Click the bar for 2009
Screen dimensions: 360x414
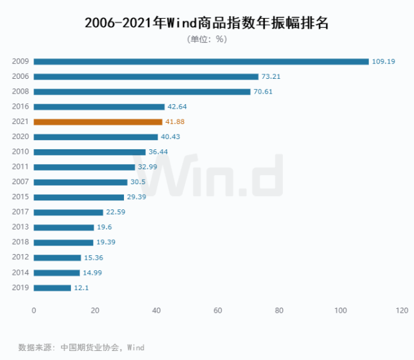201,61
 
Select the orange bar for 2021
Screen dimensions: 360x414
98,122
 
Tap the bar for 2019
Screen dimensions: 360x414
52,288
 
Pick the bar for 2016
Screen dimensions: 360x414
99,107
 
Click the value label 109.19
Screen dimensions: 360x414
383,61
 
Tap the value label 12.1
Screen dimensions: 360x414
82,288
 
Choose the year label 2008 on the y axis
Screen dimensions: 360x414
20,92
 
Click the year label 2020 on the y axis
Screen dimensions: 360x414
20,137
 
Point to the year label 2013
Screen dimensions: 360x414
20,228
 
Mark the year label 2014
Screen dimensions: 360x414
20,273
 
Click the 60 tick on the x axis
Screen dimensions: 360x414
218,311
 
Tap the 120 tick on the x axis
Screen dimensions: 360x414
402,311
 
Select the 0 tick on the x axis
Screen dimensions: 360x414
34,311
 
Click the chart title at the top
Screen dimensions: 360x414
207,23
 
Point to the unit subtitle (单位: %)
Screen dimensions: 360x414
207,39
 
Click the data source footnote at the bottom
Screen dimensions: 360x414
81,347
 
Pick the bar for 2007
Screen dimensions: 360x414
80,182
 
